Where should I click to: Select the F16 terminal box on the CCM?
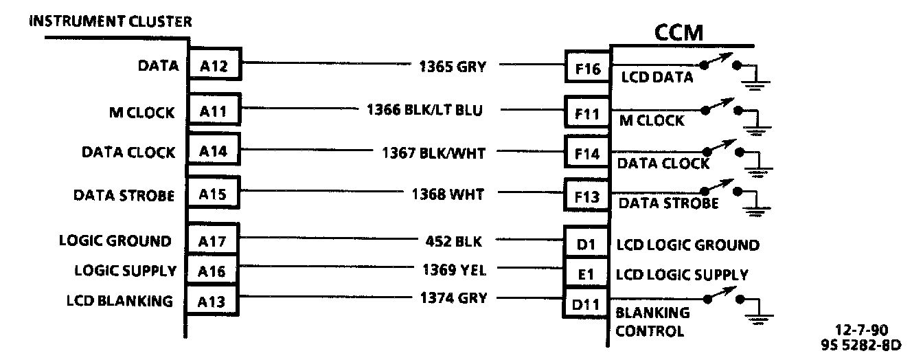pyautogui.click(x=587, y=69)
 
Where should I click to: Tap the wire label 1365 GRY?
pyautogui.click(x=452, y=67)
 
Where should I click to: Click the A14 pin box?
pyautogui.click(x=214, y=152)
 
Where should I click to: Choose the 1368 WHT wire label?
pyautogui.click(x=447, y=194)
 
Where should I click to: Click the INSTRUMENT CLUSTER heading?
pyautogui.click(x=110, y=21)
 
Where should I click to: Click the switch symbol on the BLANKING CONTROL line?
pyautogui.click(x=720, y=297)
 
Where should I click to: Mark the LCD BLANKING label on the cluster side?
pyautogui.click(x=119, y=301)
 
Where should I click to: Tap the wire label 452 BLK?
pyautogui.click(x=454, y=241)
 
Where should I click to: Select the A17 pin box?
pyautogui.click(x=214, y=241)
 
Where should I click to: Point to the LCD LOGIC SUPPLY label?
pyautogui.click(x=682, y=275)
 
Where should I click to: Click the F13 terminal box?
pyautogui.click(x=587, y=196)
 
